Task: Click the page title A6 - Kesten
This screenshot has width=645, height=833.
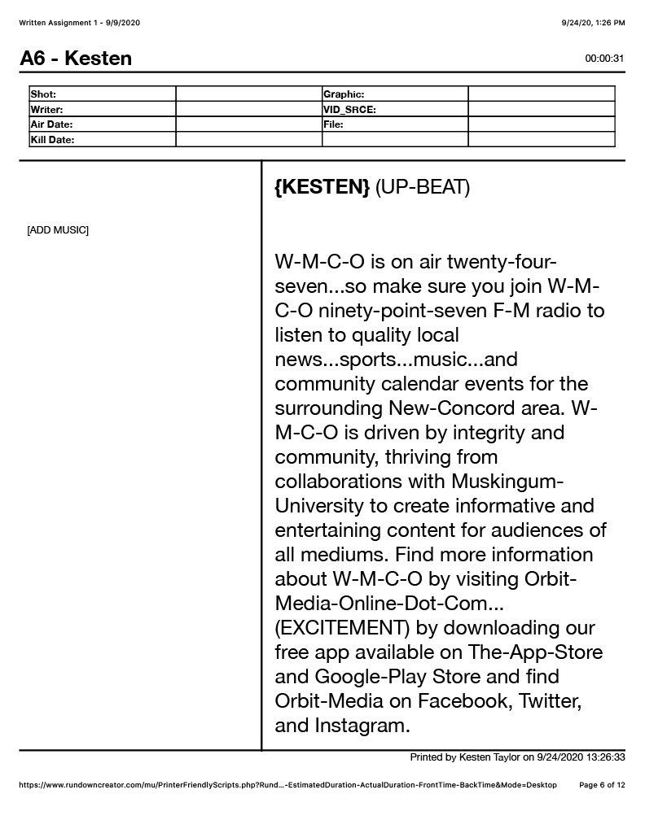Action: pos(76,59)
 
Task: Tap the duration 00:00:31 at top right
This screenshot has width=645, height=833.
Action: pos(604,59)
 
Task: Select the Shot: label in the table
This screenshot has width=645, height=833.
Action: pos(44,94)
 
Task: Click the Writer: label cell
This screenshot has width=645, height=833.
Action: pos(47,110)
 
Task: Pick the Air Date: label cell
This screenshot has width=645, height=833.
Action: pos(51,124)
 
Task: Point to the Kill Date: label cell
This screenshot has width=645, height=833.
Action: pos(52,140)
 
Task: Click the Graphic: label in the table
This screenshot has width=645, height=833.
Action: pos(344,94)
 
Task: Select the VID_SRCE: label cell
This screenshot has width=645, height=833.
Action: pos(349,110)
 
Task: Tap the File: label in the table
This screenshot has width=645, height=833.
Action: pos(333,124)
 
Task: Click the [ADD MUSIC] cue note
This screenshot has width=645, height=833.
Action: pos(58,230)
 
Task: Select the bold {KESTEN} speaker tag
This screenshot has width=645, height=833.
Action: pos(322,187)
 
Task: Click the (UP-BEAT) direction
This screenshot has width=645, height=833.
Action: pos(423,187)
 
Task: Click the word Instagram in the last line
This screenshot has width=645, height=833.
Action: pos(362,725)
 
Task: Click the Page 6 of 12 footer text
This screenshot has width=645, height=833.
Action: pos(602,785)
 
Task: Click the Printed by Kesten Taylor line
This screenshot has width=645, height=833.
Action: pos(517,757)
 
